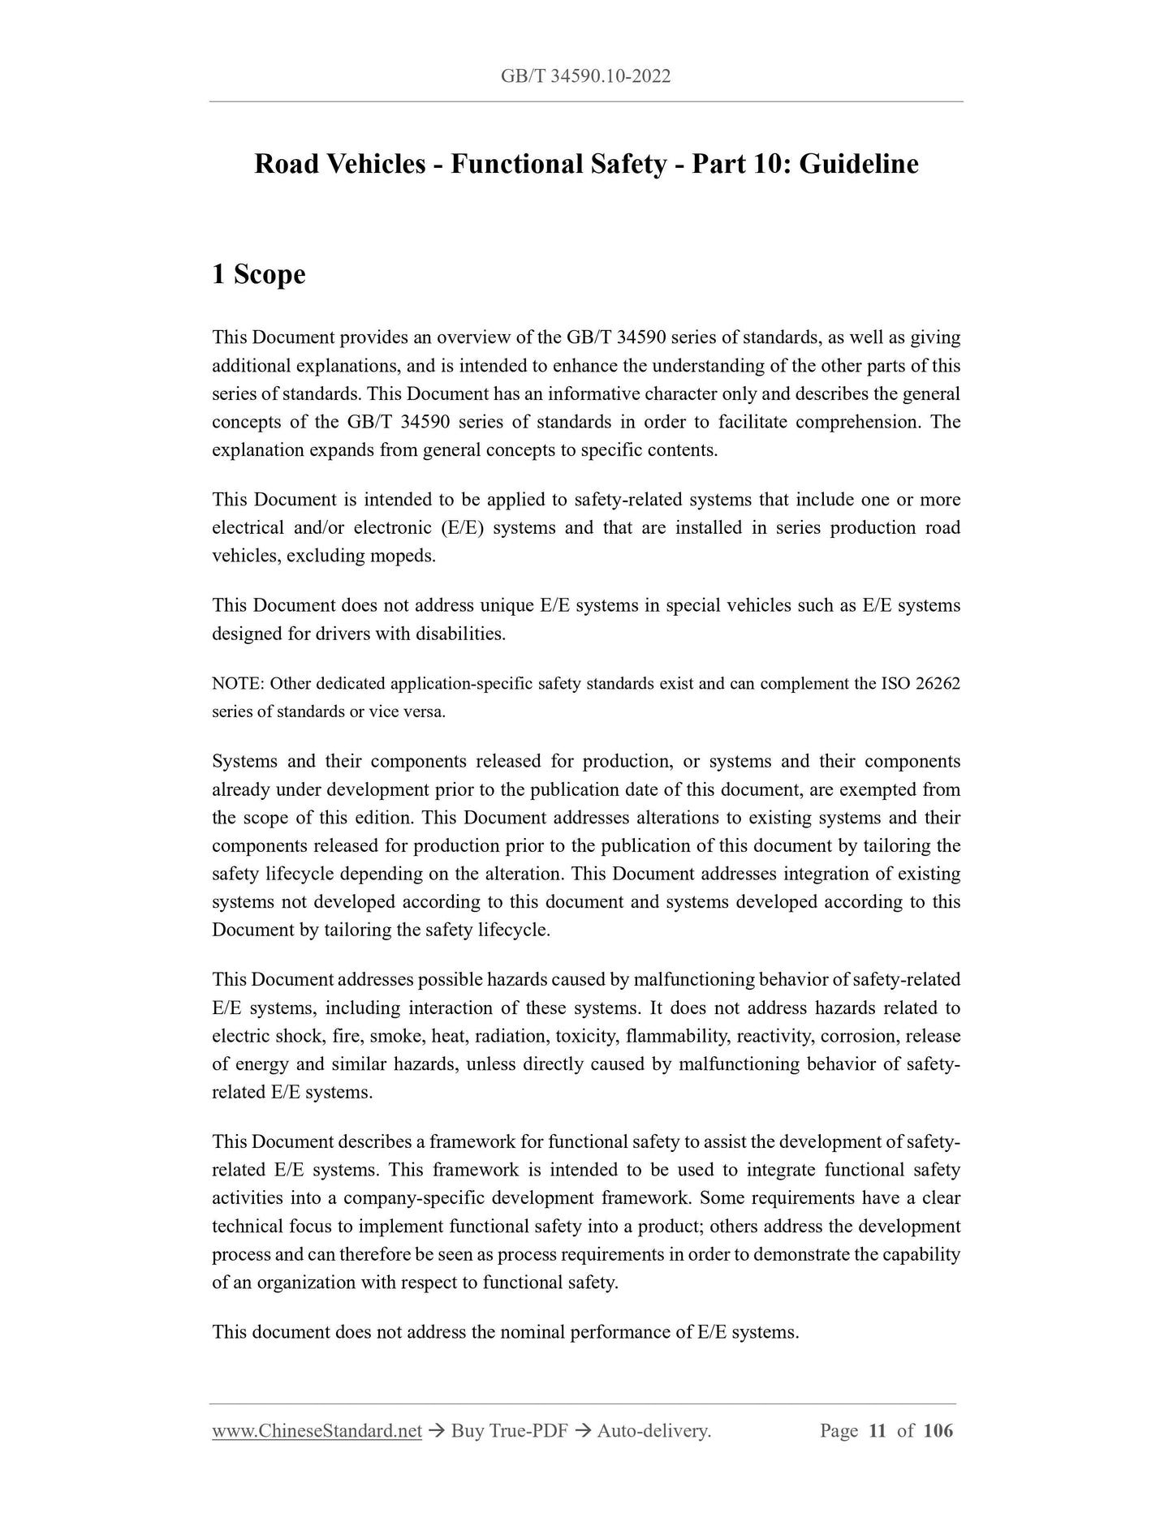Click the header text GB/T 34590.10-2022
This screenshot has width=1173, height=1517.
(x=585, y=77)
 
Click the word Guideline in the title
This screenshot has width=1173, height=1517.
(x=859, y=165)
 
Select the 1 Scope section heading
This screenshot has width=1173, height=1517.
(x=258, y=274)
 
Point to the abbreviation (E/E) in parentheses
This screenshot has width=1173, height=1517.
(x=462, y=528)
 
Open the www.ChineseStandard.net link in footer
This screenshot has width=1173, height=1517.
(x=317, y=1432)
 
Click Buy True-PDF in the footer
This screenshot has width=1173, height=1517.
(x=508, y=1432)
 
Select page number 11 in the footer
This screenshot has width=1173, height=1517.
(x=877, y=1432)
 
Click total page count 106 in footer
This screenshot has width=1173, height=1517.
(x=938, y=1432)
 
